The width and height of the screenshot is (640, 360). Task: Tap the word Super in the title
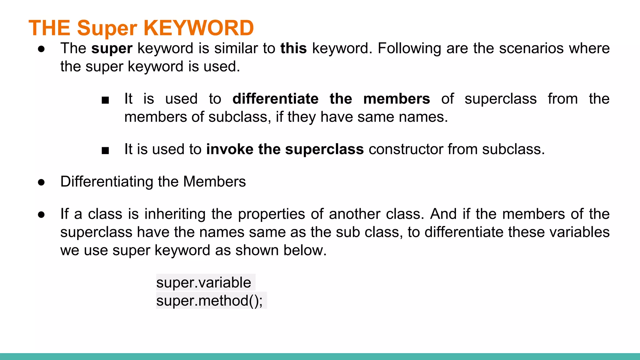pyautogui.click(x=107, y=28)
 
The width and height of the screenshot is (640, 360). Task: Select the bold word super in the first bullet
pyautogui.click(x=112, y=48)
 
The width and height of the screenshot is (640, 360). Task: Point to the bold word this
pyautogui.click(x=294, y=48)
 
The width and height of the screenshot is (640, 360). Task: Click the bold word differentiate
pyautogui.click(x=276, y=99)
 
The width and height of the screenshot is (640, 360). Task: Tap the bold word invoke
pyautogui.click(x=230, y=149)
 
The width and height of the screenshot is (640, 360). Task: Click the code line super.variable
pyautogui.click(x=204, y=282)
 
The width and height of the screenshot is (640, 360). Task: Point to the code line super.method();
pyautogui.click(x=209, y=301)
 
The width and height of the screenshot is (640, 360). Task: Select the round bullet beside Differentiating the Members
pyautogui.click(x=41, y=182)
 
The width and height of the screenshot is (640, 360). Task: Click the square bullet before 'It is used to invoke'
pyautogui.click(x=105, y=151)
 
